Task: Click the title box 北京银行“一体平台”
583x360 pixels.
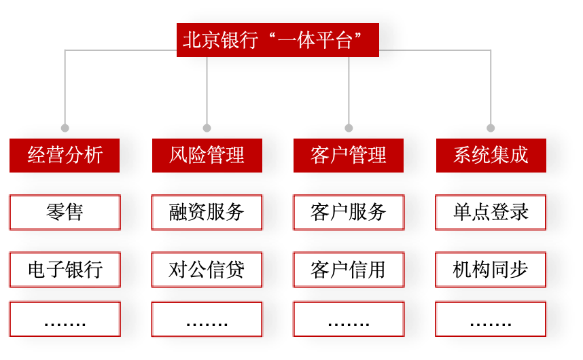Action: [277, 40]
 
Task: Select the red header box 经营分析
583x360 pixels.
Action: [65, 156]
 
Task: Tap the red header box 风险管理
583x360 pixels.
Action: [207, 156]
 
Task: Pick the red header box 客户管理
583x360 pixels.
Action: [349, 156]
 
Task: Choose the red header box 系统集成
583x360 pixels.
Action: [491, 156]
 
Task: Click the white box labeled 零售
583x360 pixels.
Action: [65, 213]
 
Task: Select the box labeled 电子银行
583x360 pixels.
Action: [65, 270]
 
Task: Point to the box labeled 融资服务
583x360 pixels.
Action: [207, 213]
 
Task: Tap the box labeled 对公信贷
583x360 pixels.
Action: [207, 270]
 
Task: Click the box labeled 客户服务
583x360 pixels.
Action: [349, 213]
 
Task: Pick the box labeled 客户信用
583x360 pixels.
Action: [349, 270]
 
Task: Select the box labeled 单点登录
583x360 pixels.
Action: [491, 213]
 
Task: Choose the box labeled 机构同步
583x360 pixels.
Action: [491, 270]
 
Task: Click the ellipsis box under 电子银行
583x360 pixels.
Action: [65, 319]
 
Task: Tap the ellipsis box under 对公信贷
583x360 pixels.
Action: [207, 319]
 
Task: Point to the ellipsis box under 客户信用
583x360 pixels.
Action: [349, 319]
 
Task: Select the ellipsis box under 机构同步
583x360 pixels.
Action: [491, 319]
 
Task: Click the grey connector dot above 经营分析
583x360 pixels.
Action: [65, 128]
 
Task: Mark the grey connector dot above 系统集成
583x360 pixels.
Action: [491, 128]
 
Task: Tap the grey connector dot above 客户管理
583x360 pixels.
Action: [349, 128]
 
